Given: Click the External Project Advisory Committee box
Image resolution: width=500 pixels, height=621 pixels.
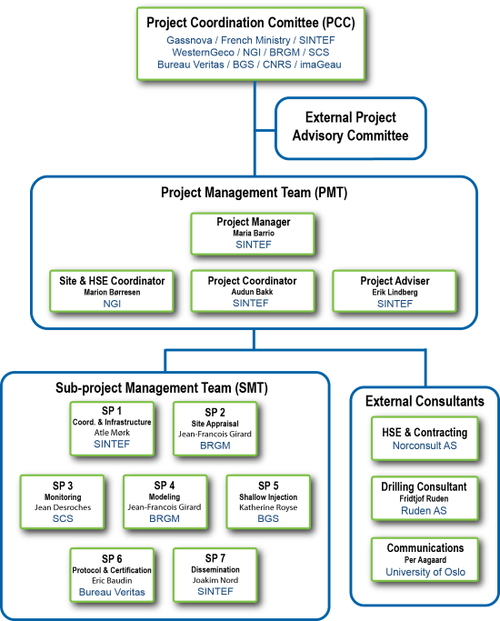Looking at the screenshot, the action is [x=351, y=128].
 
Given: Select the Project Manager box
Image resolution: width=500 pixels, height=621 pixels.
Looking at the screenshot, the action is [x=253, y=234].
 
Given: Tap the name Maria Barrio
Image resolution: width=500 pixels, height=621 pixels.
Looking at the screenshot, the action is [x=254, y=234].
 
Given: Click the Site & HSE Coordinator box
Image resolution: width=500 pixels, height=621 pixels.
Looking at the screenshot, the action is [x=112, y=292].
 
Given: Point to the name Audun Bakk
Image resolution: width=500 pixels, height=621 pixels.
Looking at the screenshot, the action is [x=252, y=292].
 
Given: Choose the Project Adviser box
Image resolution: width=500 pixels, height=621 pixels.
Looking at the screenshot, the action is [x=395, y=292].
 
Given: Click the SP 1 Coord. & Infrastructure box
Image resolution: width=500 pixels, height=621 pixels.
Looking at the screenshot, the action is [x=112, y=428].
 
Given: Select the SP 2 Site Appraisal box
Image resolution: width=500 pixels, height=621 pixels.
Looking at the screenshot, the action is [x=215, y=428].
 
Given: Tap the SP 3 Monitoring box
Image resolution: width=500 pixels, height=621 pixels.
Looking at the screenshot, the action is [x=63, y=502].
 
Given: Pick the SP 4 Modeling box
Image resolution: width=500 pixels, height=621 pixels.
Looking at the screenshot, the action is [x=165, y=502].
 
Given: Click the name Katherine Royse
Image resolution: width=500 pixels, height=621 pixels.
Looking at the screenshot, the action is [x=268, y=507].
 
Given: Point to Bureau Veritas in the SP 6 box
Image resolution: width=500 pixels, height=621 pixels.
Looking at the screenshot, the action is [x=112, y=592].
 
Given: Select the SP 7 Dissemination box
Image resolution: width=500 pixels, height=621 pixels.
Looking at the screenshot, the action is [x=215, y=575].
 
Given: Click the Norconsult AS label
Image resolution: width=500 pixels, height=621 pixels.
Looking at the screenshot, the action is [x=425, y=446].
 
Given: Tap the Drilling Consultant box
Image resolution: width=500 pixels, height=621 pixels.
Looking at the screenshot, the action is [x=425, y=498].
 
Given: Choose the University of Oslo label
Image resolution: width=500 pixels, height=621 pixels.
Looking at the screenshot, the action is [x=425, y=572].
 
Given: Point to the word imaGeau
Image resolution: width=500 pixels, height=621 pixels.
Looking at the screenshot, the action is [x=321, y=65].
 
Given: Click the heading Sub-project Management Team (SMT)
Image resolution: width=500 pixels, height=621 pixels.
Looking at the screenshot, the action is [x=162, y=387].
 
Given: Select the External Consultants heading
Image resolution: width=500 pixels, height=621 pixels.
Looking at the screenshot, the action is [x=425, y=401].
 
